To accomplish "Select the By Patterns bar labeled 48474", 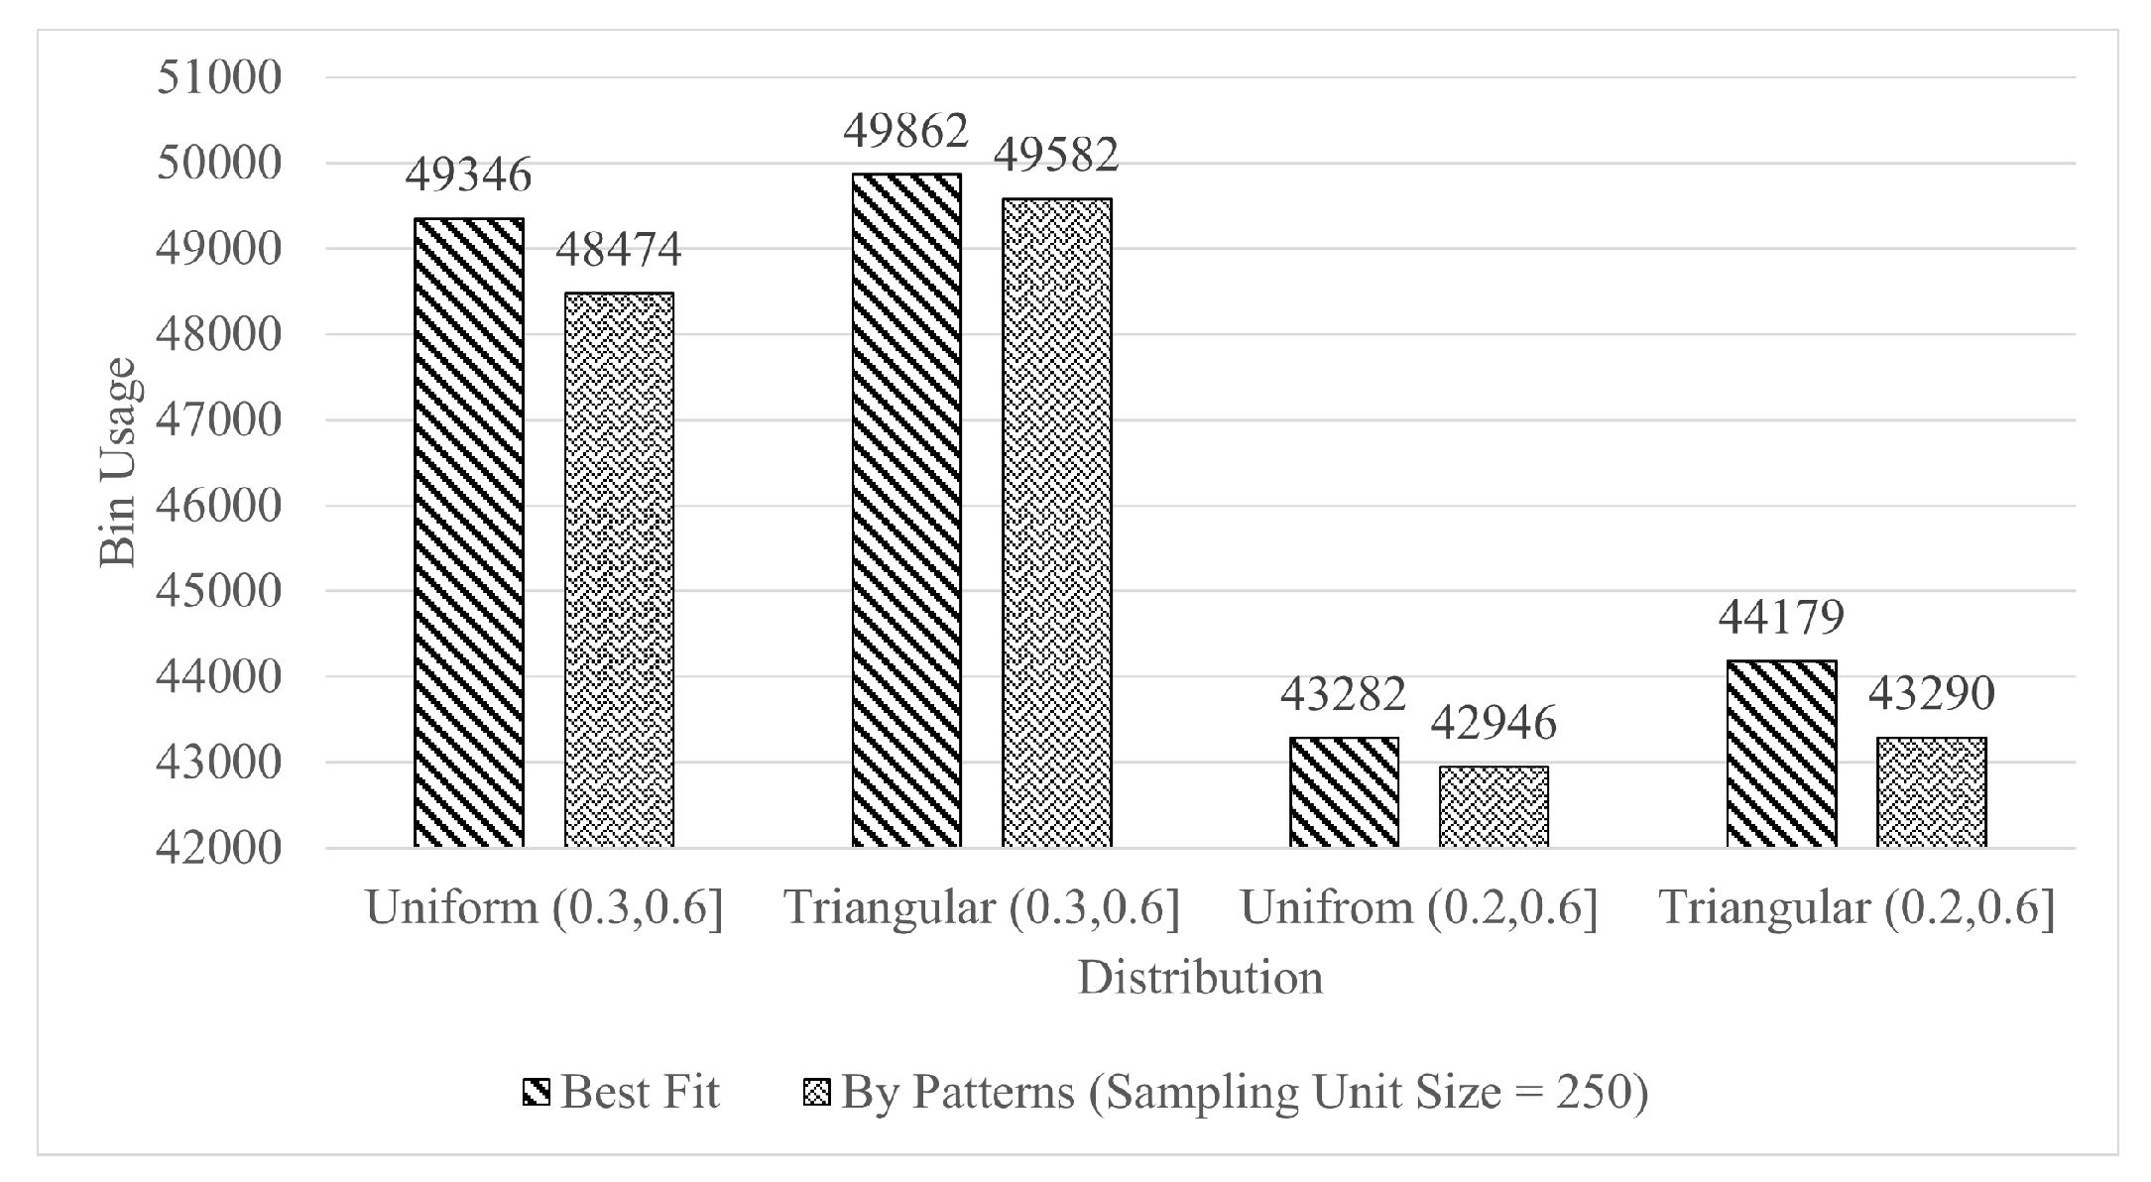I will (x=619, y=570).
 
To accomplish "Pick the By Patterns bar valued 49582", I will (x=1056, y=523).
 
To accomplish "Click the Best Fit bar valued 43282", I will (x=1344, y=792).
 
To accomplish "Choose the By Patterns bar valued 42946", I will (x=1494, y=806).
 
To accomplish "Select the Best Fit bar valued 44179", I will (x=1781, y=754).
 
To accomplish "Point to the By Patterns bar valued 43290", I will (x=1931, y=792).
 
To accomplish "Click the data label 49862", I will (x=905, y=131).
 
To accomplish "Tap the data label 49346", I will (x=468, y=176).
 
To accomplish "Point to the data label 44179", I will (x=1781, y=617).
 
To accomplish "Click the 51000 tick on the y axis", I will (x=219, y=77).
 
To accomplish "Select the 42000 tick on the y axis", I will (x=219, y=849).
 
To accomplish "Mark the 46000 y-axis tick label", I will (x=219, y=506).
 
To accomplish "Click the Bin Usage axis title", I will (x=118, y=462).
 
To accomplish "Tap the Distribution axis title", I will (x=1200, y=978).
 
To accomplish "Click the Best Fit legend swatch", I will (x=536, y=1093).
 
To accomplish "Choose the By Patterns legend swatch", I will (x=815, y=1093).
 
